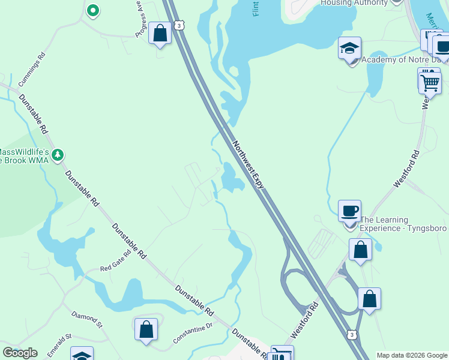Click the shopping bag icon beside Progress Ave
160,33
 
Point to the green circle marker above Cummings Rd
92,10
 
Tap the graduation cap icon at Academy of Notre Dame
349,49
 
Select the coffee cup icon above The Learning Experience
349,211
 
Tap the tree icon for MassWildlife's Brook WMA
58,155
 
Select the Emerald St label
59,344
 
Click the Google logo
20,353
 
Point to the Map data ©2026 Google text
412,355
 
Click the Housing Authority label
354,3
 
